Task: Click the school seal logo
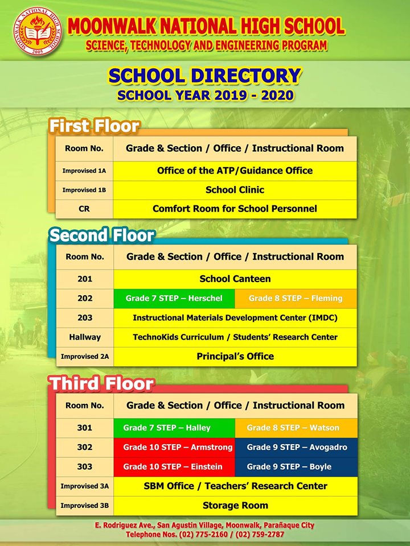35,34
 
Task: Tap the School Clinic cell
235,190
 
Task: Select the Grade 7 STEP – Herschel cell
174,298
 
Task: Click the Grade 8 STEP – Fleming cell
296,298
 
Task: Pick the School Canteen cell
235,279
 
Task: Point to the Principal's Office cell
235,357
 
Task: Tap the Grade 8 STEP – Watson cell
296,428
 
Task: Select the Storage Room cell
235,505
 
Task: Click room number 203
85,318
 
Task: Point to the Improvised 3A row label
85,486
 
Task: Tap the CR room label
84,209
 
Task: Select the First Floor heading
94,126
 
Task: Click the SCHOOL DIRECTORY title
205,76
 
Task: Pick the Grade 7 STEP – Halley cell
174,428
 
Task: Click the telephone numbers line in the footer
205,535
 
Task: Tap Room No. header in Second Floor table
85,257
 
